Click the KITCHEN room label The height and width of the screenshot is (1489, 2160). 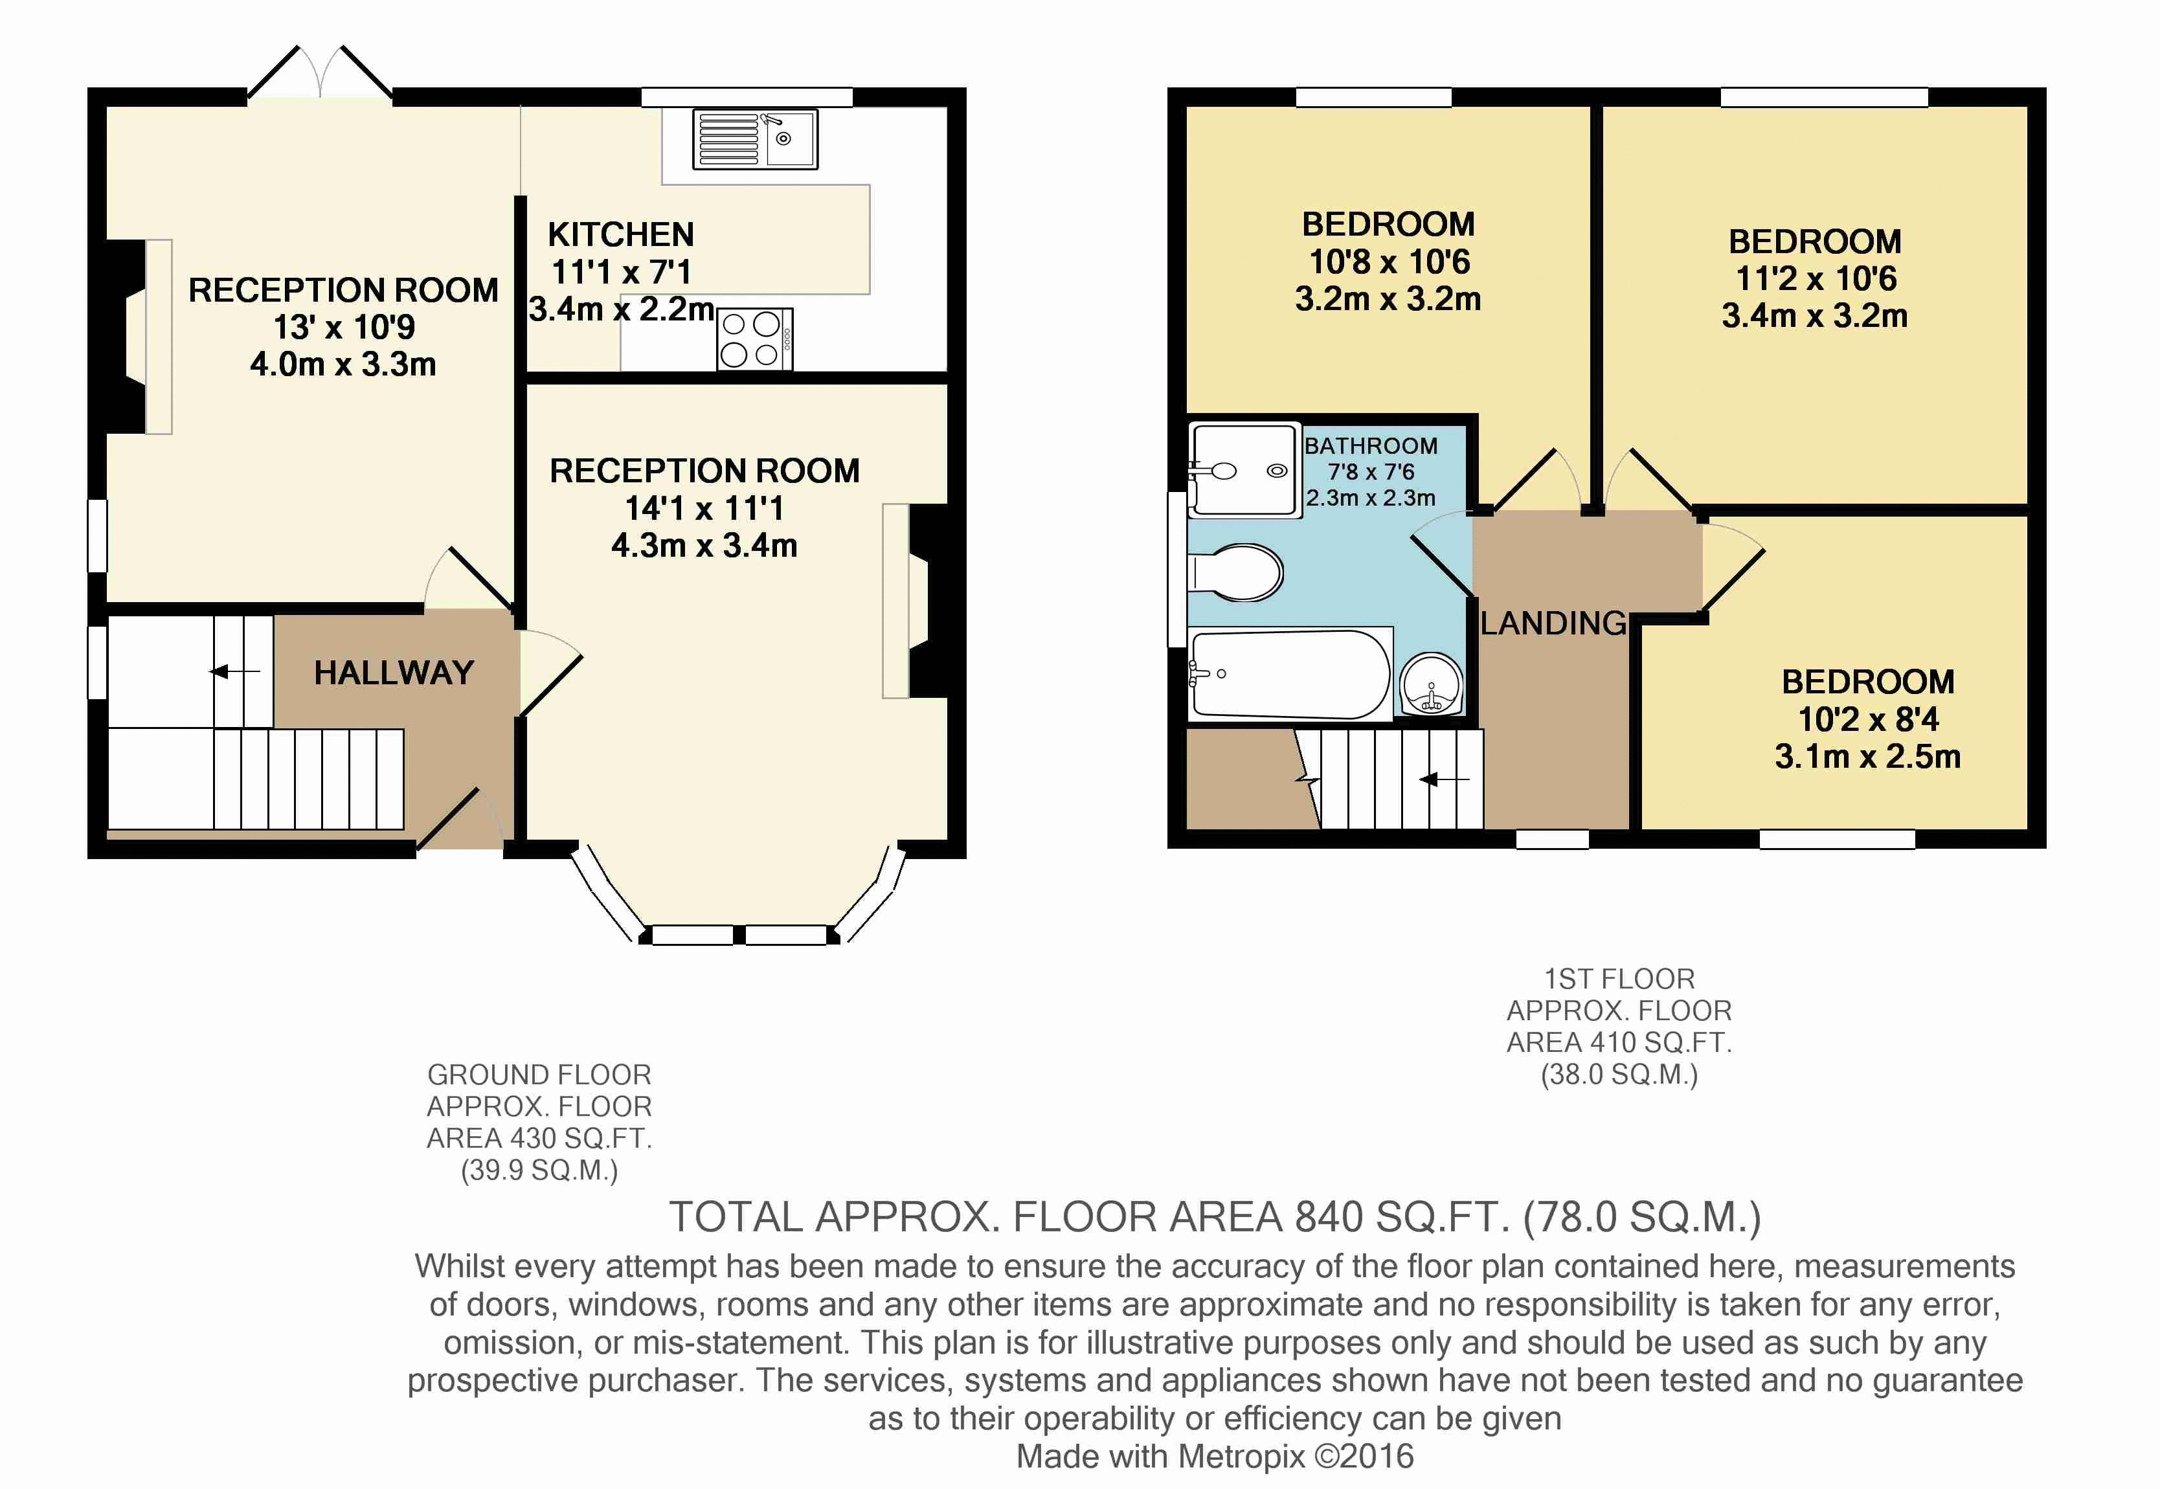620,234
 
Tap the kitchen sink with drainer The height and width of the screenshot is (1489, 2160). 755,139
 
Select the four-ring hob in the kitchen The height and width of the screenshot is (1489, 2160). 755,339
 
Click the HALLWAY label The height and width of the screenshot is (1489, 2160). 394,673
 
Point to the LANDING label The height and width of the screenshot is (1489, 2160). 1553,623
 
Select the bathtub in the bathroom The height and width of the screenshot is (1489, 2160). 1290,675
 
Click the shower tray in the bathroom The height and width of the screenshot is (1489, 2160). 1244,470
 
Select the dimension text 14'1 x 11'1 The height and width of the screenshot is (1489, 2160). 704,508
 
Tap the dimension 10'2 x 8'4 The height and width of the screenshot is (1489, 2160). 1868,719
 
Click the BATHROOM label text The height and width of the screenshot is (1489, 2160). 1371,446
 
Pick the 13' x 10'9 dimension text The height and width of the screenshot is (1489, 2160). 343,328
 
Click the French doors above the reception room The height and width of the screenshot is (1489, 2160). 320,73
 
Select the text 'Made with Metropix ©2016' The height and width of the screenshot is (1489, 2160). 1215,1457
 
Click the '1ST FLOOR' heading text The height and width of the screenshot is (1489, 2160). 1619,979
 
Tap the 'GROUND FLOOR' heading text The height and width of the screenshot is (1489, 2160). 539,1075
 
